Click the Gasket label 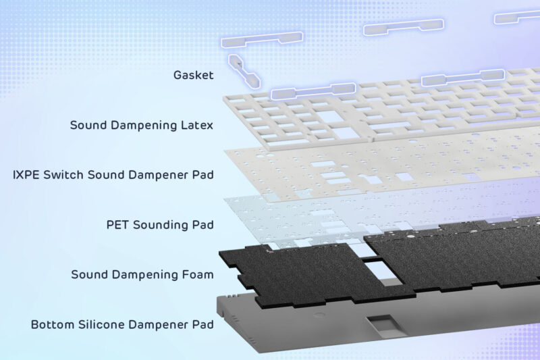(x=194, y=75)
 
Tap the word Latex (x=198, y=125)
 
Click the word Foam (x=199, y=274)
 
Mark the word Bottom (x=51, y=324)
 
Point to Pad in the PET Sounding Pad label (x=203, y=224)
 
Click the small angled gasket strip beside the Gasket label (x=243, y=70)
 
